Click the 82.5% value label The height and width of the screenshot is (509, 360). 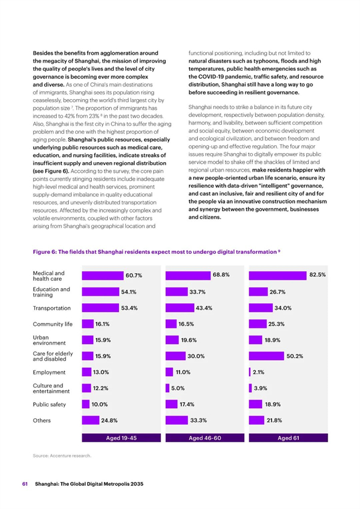click(317, 275)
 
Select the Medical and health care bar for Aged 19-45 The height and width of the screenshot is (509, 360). click(103, 276)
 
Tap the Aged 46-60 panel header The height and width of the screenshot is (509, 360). click(205, 438)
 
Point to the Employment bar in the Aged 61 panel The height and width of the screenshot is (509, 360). click(250, 372)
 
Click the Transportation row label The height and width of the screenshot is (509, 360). click(52, 308)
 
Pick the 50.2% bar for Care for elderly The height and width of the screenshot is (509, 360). click(266, 356)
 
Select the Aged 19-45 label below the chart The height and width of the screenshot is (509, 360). click(121, 438)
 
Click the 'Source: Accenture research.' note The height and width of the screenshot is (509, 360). click(62, 456)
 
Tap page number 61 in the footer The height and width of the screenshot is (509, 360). click(25, 484)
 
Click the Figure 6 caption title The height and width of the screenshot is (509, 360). click(157, 252)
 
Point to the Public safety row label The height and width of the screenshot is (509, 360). click(49, 405)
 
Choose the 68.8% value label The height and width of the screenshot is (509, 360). click(221, 275)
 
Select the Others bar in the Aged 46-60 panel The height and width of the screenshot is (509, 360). click(176, 420)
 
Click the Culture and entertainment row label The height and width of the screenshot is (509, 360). click(51, 388)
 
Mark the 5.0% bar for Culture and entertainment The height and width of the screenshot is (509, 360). click(167, 388)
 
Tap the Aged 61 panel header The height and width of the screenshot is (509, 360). click(288, 438)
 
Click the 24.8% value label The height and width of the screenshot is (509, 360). click(109, 420)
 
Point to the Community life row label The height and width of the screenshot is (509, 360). click(53, 324)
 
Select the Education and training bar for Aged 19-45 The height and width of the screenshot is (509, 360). click(100, 292)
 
